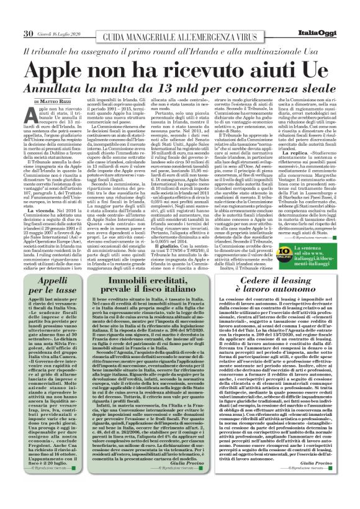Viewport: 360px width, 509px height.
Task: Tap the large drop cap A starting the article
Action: click(x=43, y=113)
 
